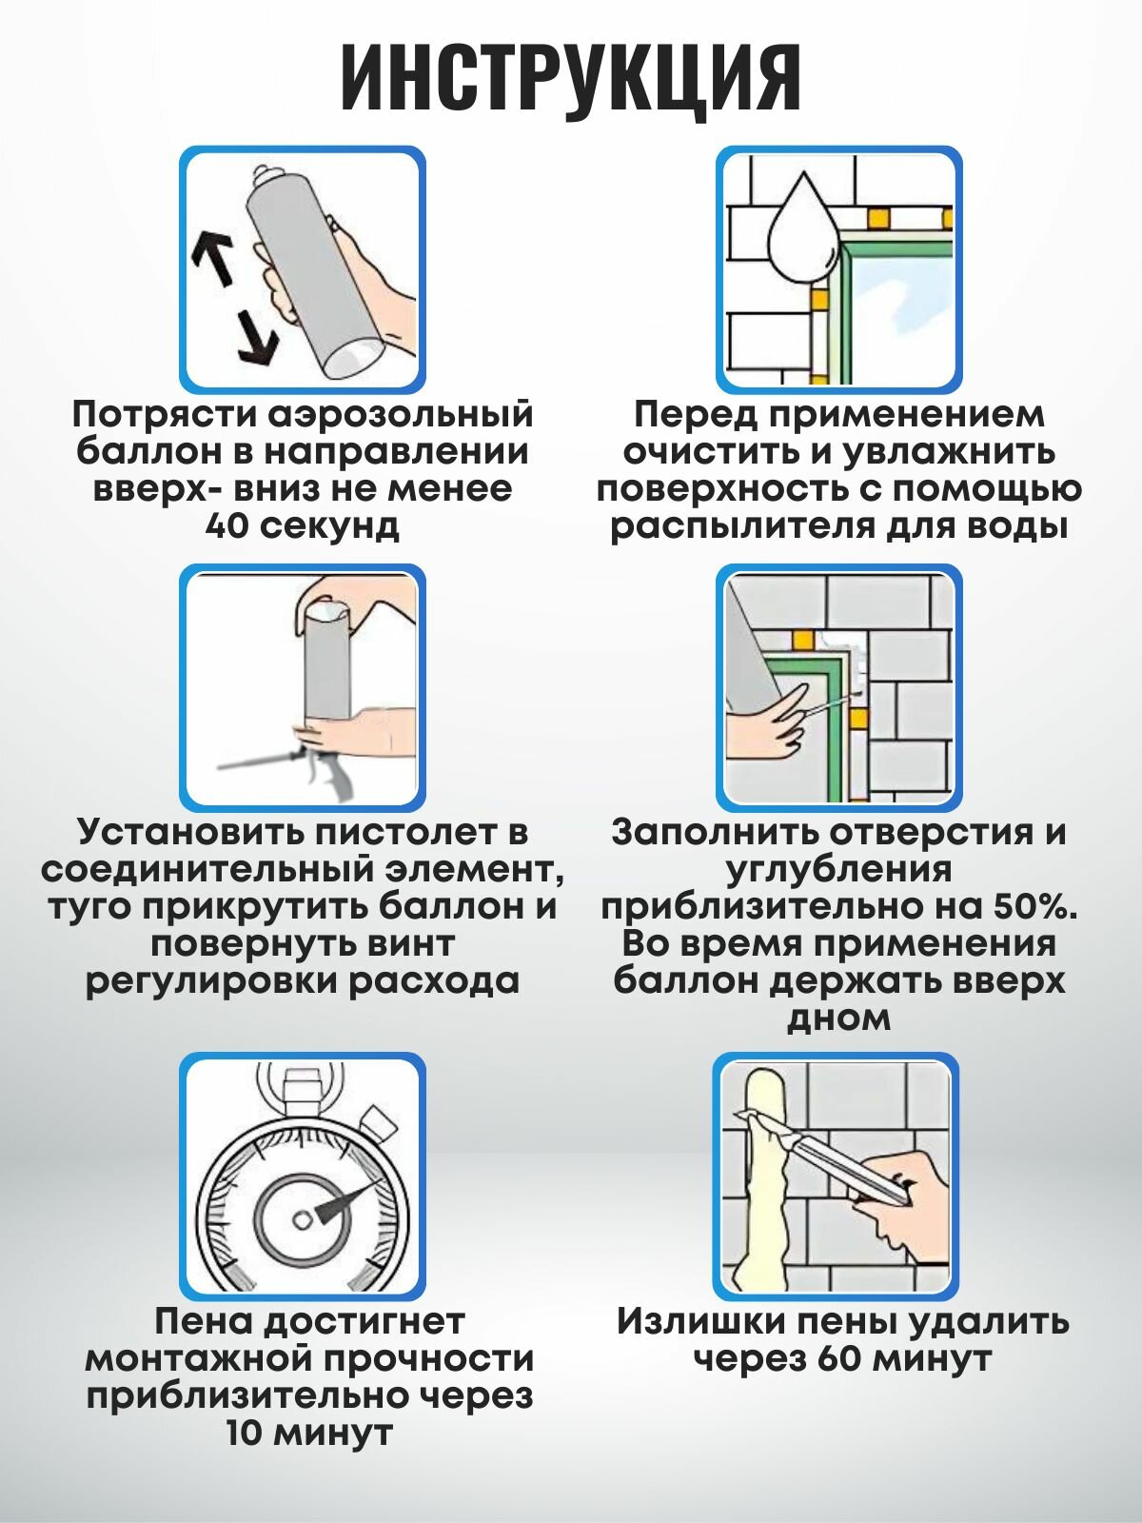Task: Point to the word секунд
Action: click(x=329, y=526)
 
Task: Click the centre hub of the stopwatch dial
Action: click(x=303, y=1217)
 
